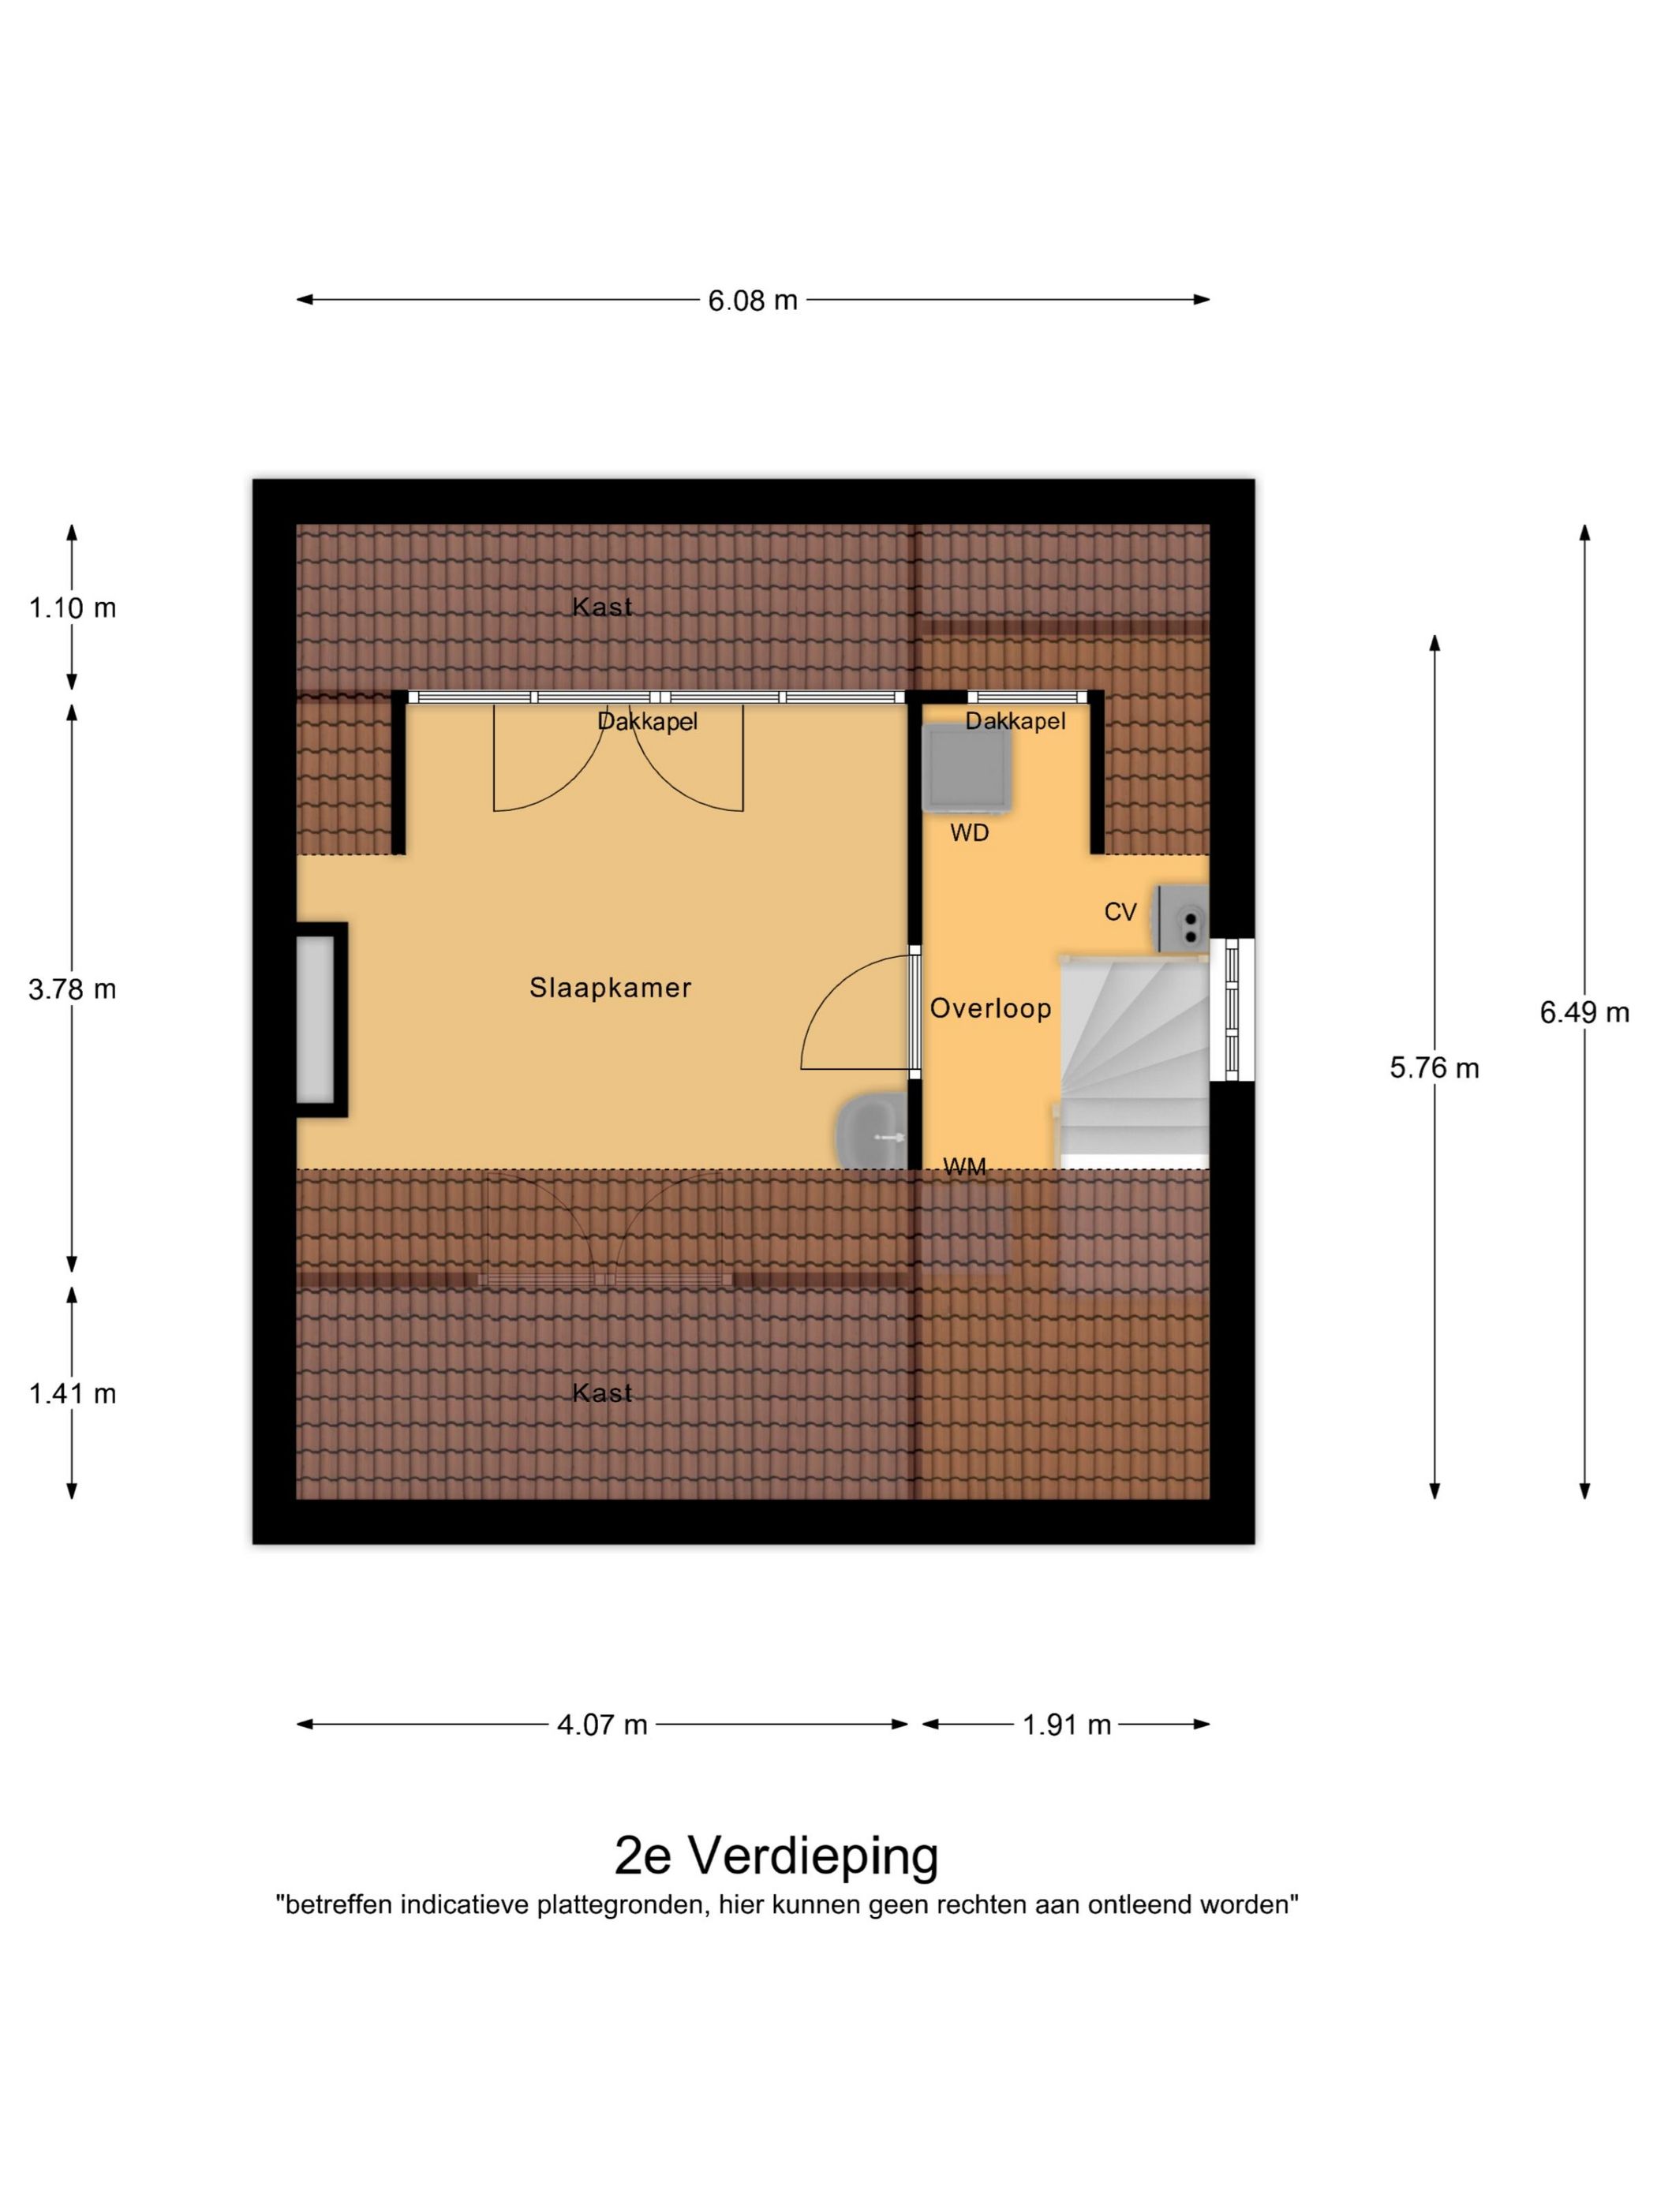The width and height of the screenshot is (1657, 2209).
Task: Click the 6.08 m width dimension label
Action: [x=752, y=300]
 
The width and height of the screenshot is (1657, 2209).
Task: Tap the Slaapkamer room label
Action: [x=609, y=988]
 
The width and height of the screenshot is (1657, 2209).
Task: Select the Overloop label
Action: [x=989, y=1007]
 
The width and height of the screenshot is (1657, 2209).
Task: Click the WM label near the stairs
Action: [x=964, y=1165]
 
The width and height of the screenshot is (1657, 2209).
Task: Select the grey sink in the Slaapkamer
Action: [x=871, y=1131]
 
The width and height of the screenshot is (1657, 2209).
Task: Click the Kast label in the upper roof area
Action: [x=601, y=606]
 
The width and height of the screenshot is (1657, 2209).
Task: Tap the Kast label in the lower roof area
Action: [x=601, y=1392]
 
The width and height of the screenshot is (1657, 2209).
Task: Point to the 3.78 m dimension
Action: [x=72, y=989]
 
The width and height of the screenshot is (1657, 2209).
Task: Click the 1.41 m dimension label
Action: [x=72, y=1393]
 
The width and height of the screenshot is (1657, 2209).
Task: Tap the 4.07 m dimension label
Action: [x=601, y=1724]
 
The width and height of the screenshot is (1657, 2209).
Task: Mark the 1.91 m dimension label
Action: [x=1066, y=1724]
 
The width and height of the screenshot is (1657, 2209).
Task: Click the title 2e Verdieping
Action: [x=776, y=1856]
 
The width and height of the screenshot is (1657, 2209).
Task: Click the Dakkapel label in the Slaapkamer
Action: [x=647, y=721]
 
